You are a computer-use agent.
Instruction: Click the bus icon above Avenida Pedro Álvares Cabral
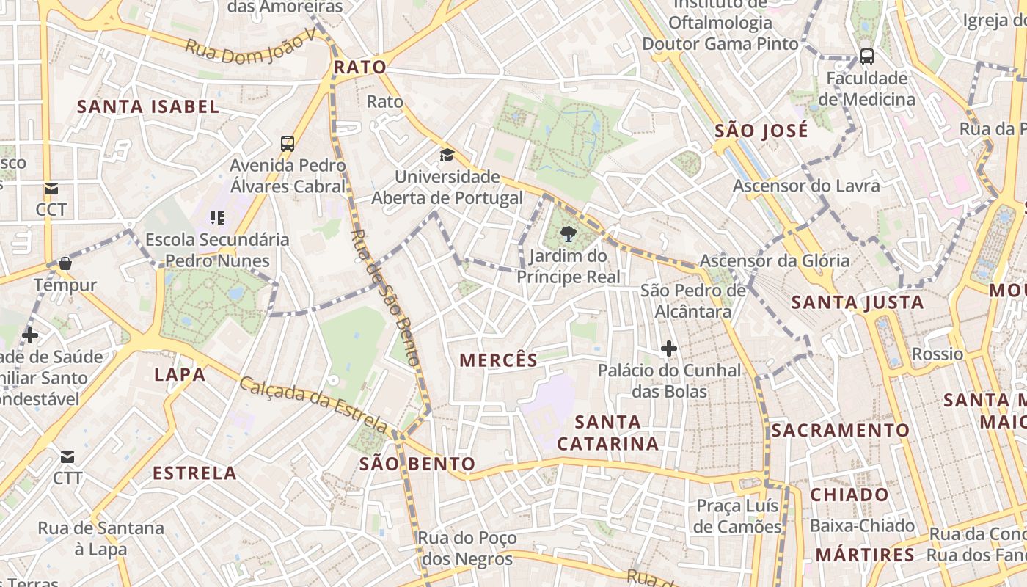tap(288, 144)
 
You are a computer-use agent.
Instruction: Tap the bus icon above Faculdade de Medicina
tap(866, 56)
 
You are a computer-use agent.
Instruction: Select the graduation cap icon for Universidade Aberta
tap(447, 155)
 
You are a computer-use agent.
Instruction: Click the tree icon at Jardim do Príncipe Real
tap(567, 235)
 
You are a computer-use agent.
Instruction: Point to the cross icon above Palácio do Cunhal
tap(668, 349)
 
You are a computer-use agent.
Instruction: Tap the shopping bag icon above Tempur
tap(65, 263)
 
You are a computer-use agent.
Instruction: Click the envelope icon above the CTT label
tap(67, 457)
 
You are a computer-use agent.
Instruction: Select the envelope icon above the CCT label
tap(51, 189)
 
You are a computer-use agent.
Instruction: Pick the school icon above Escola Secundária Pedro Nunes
tap(216, 217)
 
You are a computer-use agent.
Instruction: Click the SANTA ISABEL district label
tap(148, 106)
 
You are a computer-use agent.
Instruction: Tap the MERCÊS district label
tap(498, 360)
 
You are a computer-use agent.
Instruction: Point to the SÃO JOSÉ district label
tap(761, 131)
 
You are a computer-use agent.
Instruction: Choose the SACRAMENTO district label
tap(840, 430)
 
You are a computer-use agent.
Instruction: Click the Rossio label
tap(937, 354)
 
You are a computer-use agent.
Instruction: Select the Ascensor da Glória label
tap(774, 260)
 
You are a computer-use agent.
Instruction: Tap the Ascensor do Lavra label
tap(805, 186)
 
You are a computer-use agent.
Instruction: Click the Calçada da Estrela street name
tap(313, 404)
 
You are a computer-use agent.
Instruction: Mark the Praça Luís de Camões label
tap(737, 517)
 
